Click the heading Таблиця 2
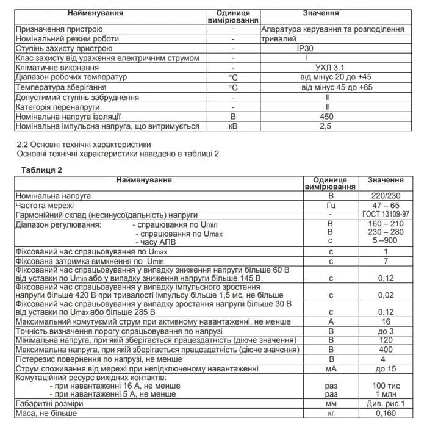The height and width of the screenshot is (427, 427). click(x=41, y=170)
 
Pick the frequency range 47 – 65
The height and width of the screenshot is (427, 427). click(x=385, y=207)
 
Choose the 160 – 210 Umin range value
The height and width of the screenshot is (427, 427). click(x=385, y=224)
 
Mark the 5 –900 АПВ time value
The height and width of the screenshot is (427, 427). click(x=385, y=242)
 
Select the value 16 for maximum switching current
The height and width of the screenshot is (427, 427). click(x=385, y=322)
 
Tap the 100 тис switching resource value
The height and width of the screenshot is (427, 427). click(x=385, y=386)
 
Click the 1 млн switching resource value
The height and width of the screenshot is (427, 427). click(x=385, y=395)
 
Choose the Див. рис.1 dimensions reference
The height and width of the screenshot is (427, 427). click(x=385, y=404)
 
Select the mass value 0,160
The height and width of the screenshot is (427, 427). click(x=385, y=414)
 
